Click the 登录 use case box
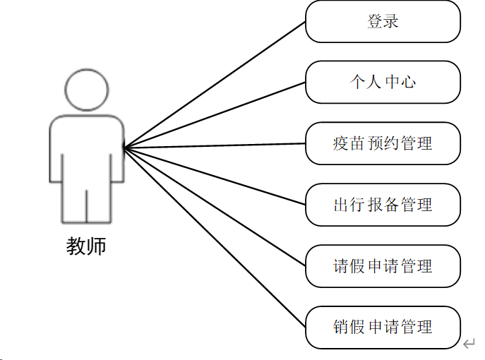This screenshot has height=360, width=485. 383,21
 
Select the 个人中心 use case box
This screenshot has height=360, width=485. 383,82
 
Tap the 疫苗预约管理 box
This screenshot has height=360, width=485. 383,143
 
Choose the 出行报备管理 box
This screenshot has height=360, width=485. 383,205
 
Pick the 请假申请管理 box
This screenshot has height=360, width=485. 383,266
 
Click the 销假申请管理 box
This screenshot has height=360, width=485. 383,327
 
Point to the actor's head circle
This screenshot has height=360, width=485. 86,89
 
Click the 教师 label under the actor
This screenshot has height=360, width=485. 86,246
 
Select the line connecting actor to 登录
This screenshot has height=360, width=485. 215,85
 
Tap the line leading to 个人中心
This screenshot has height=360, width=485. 215,115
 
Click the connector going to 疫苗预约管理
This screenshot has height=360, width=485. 215,146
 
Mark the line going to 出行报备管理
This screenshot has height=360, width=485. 215,176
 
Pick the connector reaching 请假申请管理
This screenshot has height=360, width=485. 215,207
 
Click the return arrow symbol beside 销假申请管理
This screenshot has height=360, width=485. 469,344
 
